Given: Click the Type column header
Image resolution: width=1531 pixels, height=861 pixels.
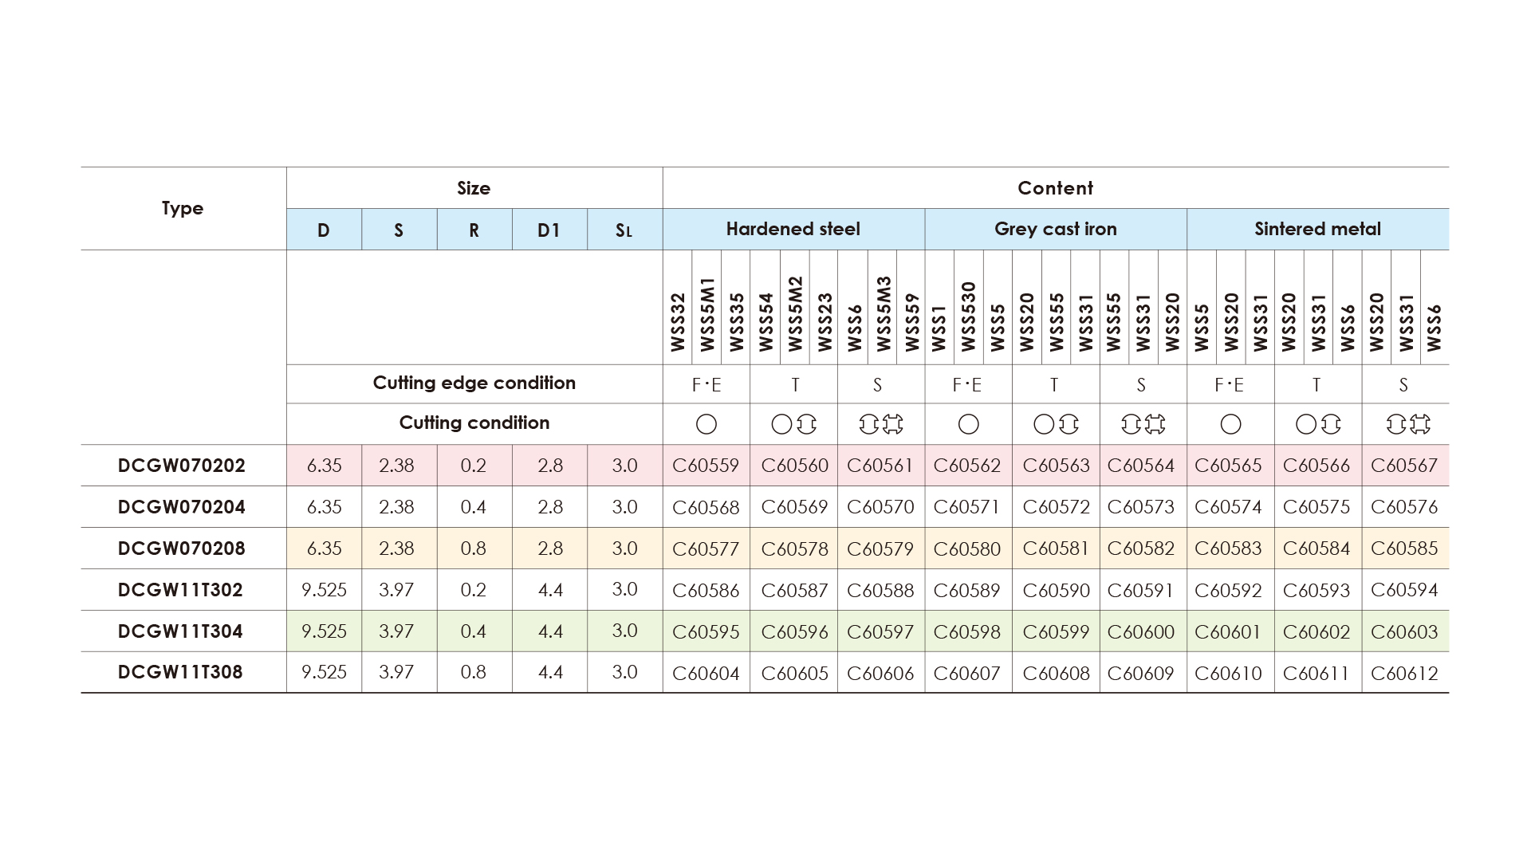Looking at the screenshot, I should pos(183,208).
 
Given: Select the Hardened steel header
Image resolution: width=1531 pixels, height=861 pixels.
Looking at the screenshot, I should pos(793,230).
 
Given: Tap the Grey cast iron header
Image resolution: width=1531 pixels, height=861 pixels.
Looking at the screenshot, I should pos(1055,230).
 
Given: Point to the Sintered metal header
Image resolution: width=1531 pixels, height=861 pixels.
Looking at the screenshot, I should pos(1317,230).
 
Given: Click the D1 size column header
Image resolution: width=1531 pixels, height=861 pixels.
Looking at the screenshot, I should pos(549,230).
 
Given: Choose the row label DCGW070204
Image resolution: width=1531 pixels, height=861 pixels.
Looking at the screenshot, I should pos(182,507).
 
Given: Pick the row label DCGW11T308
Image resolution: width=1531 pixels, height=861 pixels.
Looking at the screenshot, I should pos(180,672).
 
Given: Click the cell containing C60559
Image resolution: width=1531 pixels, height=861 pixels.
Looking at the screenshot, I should pos(706,466).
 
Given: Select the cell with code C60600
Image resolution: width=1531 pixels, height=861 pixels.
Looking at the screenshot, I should pos(1141,631).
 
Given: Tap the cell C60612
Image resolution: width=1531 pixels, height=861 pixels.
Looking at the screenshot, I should pos(1404,673).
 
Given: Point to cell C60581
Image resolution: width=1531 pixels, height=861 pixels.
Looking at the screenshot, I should pos(1056,548).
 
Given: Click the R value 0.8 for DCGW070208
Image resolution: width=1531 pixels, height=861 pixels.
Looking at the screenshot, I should pos(474,548).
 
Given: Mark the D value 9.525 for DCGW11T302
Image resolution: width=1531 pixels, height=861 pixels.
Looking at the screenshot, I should pos(324,590).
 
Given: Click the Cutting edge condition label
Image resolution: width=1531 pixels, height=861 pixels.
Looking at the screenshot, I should pos(474,383).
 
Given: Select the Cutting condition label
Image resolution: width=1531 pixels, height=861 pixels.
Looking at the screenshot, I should pos(474,423).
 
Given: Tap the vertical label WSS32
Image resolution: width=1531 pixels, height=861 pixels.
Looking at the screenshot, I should pos(678,322).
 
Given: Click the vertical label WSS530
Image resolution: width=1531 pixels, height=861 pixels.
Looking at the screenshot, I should pos(968,316).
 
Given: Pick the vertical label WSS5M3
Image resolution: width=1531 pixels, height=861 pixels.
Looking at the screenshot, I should pos(883,313).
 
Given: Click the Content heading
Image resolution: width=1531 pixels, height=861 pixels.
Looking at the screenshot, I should pos(1055,188).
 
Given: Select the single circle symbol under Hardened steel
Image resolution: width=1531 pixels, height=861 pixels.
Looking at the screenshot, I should pos(706,424).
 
